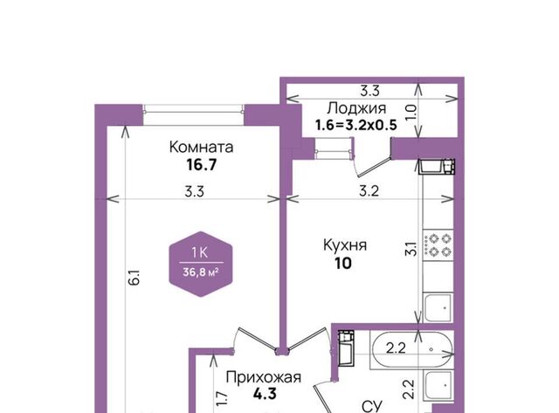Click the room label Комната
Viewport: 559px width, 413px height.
[201, 147]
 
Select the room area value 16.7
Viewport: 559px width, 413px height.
[202, 165]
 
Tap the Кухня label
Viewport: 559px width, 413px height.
[345, 245]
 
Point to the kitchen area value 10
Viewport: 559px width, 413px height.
[343, 264]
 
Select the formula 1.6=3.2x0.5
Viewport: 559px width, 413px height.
[355, 125]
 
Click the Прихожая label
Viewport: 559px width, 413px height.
[264, 377]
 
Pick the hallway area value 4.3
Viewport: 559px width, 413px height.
[265, 394]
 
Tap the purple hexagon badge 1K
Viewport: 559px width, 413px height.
[201, 265]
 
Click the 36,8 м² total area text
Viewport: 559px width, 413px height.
[200, 272]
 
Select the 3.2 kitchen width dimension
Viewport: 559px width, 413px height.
[369, 191]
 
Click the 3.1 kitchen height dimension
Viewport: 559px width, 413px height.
[411, 248]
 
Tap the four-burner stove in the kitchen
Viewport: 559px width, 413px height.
[438, 244]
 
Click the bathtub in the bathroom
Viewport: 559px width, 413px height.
[411, 349]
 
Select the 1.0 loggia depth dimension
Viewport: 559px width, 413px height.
[411, 112]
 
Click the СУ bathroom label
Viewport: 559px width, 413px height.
[372, 406]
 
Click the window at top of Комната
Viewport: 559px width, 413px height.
[194, 109]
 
